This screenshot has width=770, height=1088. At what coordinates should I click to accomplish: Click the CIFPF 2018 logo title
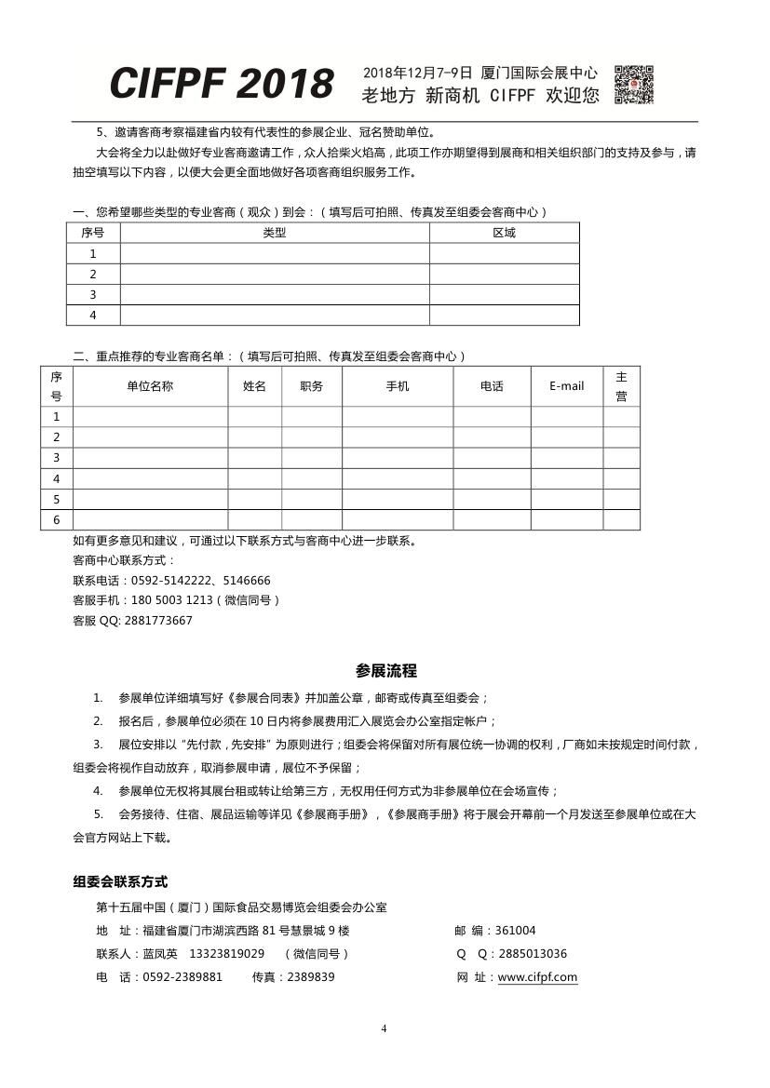tap(222, 84)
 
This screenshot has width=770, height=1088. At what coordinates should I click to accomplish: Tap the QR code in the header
tap(634, 84)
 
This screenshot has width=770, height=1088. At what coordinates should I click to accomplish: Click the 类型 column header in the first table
tap(275, 233)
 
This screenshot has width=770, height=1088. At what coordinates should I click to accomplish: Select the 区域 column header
tap(504, 233)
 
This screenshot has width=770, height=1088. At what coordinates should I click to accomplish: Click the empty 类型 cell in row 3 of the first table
tap(275, 295)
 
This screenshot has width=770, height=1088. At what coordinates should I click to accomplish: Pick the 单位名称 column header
tap(150, 386)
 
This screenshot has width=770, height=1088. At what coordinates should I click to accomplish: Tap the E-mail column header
tap(567, 386)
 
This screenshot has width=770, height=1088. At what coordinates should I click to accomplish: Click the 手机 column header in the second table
tap(398, 386)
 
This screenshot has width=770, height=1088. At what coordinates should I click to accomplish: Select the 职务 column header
tap(312, 386)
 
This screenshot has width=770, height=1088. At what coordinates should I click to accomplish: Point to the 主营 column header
tap(621, 386)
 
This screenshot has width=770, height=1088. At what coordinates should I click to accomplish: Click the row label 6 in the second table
tap(56, 520)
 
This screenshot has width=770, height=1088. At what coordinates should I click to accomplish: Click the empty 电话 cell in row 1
tap(492, 417)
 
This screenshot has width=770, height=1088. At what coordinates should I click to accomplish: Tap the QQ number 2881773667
tap(156, 621)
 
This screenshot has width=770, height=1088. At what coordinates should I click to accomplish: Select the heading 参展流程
tap(385, 670)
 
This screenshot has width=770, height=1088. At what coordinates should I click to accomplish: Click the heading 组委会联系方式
tap(120, 881)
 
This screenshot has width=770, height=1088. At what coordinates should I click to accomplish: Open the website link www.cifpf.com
tap(538, 977)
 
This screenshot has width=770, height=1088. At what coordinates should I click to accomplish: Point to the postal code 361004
tap(516, 931)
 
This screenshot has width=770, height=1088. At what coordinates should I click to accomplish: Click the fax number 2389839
tap(310, 977)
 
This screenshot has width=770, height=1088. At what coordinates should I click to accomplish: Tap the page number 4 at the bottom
tap(384, 1028)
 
